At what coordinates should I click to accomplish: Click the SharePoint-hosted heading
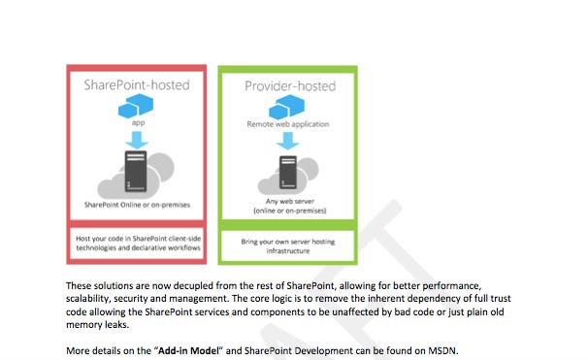pyautogui.click(x=136, y=84)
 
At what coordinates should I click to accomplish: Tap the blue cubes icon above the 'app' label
pyautogui.click(x=137, y=107)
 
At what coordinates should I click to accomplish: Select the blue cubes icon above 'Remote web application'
pyautogui.click(x=288, y=108)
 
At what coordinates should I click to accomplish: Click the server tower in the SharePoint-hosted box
pyautogui.click(x=137, y=174)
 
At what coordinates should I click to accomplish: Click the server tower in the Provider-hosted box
pyautogui.click(x=288, y=176)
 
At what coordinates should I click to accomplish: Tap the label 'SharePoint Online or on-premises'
pyautogui.click(x=136, y=205)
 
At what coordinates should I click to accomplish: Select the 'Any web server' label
pyautogui.click(x=288, y=201)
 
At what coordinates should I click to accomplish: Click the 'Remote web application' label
pyautogui.click(x=288, y=125)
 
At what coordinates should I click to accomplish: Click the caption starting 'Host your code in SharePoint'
pyautogui.click(x=136, y=243)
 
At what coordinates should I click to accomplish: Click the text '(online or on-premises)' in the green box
pyautogui.click(x=288, y=211)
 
